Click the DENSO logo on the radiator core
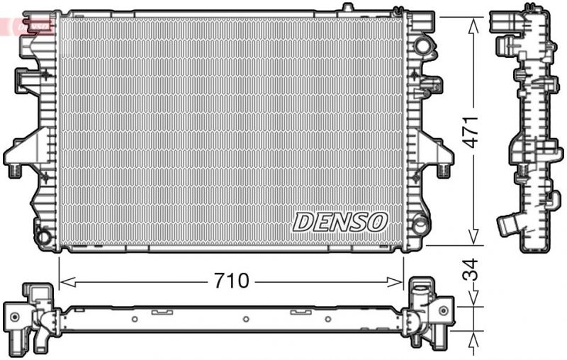click(x=340, y=222)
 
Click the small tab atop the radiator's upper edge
click(x=346, y=8)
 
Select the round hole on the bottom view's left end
click(x=14, y=317)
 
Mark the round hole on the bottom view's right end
click(x=442, y=310)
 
